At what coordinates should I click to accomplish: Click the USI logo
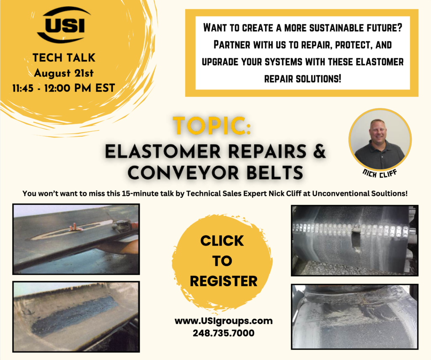pyautogui.click(x=64, y=25)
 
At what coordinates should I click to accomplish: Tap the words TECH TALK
pyautogui.click(x=64, y=58)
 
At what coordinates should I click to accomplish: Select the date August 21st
pyautogui.click(x=64, y=73)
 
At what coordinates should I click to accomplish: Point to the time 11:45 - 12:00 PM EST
pyautogui.click(x=64, y=88)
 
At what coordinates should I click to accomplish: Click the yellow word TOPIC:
pyautogui.click(x=212, y=126)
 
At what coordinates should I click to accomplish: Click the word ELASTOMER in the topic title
pyautogui.click(x=163, y=151)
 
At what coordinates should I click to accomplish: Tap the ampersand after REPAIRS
pyautogui.click(x=319, y=151)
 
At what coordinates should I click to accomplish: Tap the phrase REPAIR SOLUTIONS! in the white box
pyautogui.click(x=303, y=79)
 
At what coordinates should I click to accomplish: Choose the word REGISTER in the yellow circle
pyautogui.click(x=223, y=281)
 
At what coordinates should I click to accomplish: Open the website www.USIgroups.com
pyautogui.click(x=223, y=321)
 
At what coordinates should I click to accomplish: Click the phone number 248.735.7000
pyautogui.click(x=223, y=333)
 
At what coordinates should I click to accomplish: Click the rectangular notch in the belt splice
pyautogui.click(x=356, y=239)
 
